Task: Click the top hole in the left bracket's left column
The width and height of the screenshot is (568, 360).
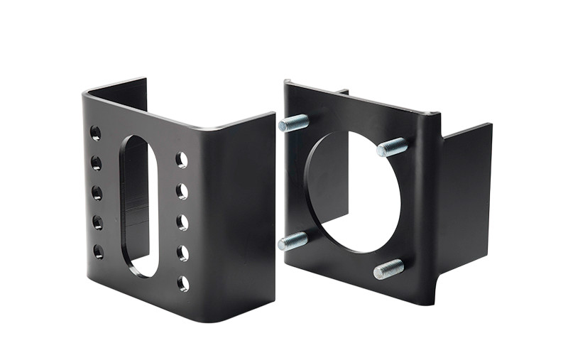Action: [95, 133]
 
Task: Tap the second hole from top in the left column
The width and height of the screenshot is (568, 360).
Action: [96, 163]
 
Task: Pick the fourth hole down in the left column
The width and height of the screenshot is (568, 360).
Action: [97, 222]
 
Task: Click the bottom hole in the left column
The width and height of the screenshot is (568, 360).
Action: [98, 251]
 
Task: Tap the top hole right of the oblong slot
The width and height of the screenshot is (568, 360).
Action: [182, 159]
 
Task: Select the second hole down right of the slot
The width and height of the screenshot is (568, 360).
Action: [182, 190]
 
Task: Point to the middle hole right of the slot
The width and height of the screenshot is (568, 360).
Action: [182, 222]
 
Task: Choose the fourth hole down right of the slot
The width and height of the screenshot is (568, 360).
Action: [182, 253]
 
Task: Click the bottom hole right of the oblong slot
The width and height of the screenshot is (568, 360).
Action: [183, 283]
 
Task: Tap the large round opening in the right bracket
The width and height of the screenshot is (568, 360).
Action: [352, 192]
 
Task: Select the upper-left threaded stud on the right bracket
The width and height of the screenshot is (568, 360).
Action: [293, 123]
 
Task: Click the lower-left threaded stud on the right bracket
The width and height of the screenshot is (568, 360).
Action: [293, 241]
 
